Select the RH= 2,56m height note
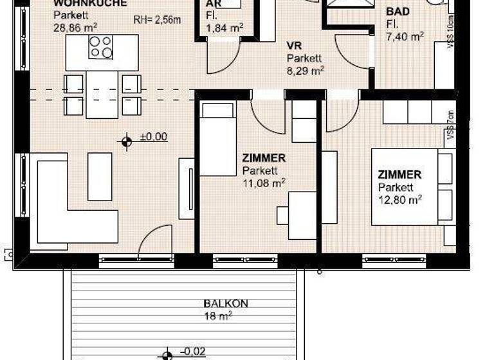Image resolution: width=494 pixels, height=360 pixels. (x=157, y=20)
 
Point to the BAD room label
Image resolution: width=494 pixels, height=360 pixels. (x=397, y=12)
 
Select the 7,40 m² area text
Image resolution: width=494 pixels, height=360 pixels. (x=405, y=36)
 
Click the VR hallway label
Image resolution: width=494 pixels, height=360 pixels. (x=294, y=46)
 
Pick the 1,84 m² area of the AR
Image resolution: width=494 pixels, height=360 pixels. (x=224, y=27)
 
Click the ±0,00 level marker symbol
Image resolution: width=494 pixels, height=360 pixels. (x=127, y=140)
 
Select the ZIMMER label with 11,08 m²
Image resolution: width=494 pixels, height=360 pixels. (x=264, y=157)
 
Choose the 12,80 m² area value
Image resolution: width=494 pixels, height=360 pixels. (x=399, y=199)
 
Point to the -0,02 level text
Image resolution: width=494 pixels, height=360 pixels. (x=194, y=351)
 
